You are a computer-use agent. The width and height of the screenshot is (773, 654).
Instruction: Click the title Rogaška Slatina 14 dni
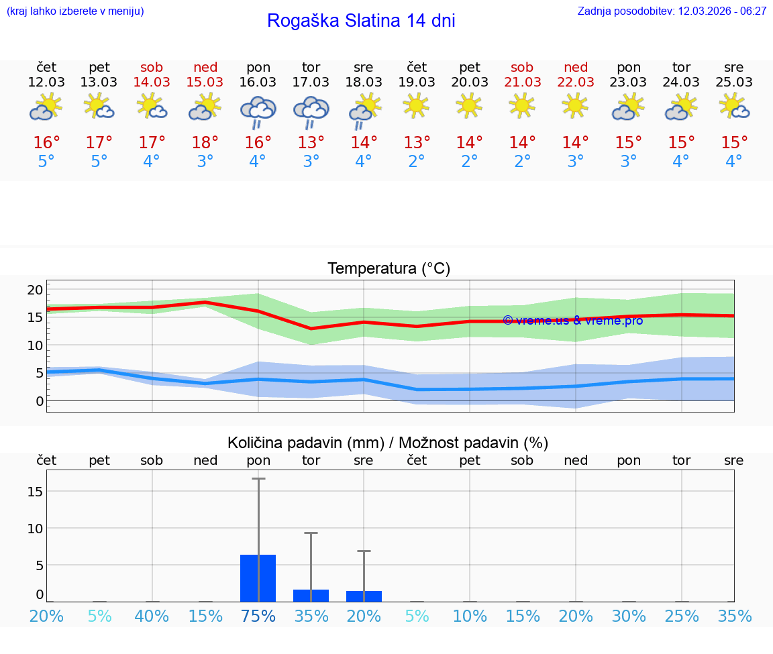(x=361, y=21)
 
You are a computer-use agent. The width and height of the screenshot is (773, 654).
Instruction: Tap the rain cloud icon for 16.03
(x=258, y=111)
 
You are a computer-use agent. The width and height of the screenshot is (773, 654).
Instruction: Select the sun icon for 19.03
(x=417, y=105)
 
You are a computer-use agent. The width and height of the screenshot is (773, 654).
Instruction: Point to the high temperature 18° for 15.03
(x=205, y=142)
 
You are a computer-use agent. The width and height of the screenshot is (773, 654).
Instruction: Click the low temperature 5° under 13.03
(x=99, y=162)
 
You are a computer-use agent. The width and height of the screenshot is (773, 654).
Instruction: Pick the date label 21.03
(x=522, y=82)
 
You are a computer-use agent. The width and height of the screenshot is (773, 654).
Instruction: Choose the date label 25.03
(x=734, y=82)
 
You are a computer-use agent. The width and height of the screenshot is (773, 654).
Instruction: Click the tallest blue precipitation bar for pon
(x=258, y=578)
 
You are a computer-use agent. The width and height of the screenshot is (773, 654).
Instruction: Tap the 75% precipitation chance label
(x=258, y=616)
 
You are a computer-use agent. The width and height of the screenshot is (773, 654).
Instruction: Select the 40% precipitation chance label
(x=152, y=616)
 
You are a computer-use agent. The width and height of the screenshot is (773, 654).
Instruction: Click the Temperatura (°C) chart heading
(x=389, y=269)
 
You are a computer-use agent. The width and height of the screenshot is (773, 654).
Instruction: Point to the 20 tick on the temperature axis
(x=35, y=290)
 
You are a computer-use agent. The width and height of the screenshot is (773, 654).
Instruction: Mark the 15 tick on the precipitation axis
(x=35, y=491)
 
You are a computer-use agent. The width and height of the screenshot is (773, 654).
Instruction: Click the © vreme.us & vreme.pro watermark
(x=572, y=320)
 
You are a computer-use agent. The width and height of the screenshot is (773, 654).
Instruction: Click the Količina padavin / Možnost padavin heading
(x=388, y=443)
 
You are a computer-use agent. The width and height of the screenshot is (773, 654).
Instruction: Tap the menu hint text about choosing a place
(x=75, y=11)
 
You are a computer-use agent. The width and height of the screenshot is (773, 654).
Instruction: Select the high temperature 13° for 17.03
(x=311, y=142)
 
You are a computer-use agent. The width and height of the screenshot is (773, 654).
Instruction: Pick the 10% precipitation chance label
(x=470, y=616)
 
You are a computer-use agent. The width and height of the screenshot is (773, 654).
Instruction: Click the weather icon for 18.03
(x=364, y=111)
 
